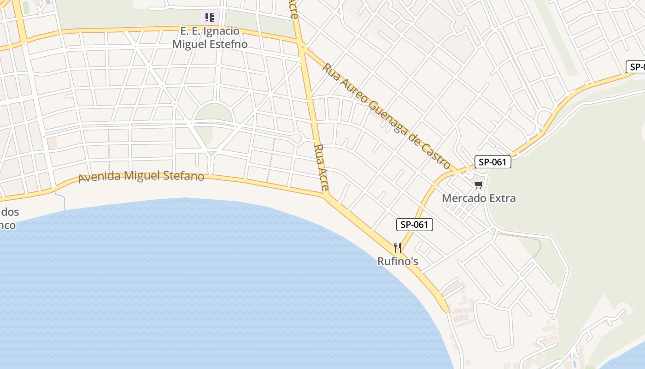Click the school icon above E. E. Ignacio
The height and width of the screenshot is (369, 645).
[x=210, y=18]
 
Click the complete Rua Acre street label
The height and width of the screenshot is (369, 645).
[x=322, y=168]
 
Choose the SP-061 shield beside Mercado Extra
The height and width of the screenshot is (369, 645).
[x=493, y=162]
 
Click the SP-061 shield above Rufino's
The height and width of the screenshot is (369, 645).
[x=415, y=225]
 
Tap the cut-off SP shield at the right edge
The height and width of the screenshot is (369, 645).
[x=636, y=67]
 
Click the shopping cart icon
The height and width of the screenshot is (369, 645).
[x=479, y=185]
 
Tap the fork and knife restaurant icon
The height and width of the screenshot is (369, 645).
[x=398, y=248]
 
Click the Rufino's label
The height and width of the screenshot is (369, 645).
[x=398, y=261]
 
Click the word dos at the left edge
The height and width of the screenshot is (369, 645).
[x=10, y=213]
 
